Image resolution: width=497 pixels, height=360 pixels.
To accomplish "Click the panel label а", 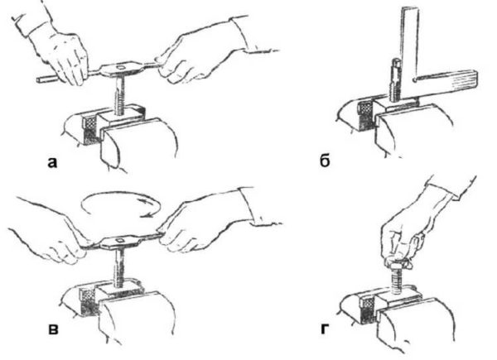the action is [x=53, y=162].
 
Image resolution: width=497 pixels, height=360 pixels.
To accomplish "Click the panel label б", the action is [x=325, y=161].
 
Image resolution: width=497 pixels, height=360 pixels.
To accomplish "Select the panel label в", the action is [x=53, y=329].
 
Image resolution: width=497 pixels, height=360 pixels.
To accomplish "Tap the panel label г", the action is [x=323, y=329].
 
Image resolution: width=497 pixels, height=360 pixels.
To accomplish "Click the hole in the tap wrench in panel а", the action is [x=120, y=67].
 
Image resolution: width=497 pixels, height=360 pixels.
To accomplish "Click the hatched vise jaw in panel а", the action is [x=89, y=129].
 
